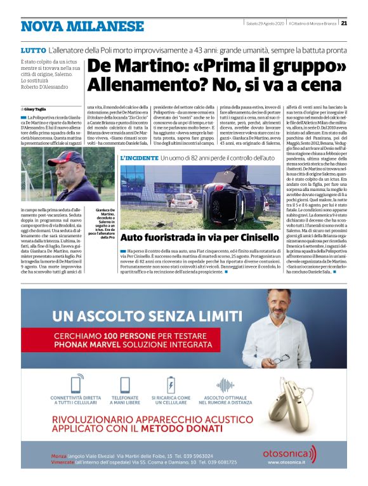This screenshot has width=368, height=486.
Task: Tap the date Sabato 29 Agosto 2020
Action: pyautogui.click(x=264, y=24)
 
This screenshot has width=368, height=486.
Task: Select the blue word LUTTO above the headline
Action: pyautogui.click(x=33, y=49)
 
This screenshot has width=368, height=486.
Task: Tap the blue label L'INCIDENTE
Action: pyautogui.click(x=139, y=157)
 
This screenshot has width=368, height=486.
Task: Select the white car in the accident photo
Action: pyautogui.click(x=183, y=200)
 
